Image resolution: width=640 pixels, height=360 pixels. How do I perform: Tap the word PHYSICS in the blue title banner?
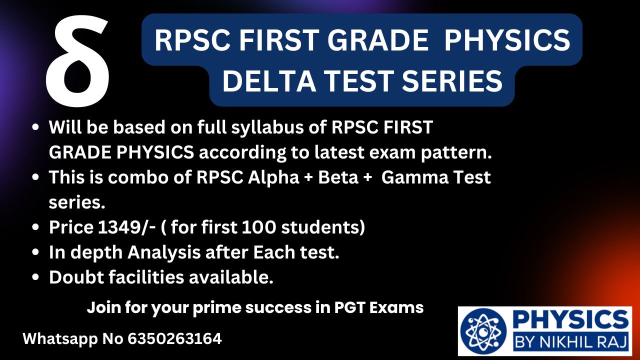point(507,40)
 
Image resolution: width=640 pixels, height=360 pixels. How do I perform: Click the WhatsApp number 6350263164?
point(174,339)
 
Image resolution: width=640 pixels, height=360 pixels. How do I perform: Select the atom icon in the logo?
point(483,331)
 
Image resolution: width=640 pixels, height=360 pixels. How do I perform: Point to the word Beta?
point(338,177)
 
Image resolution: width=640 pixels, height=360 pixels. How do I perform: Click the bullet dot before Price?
point(35,227)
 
